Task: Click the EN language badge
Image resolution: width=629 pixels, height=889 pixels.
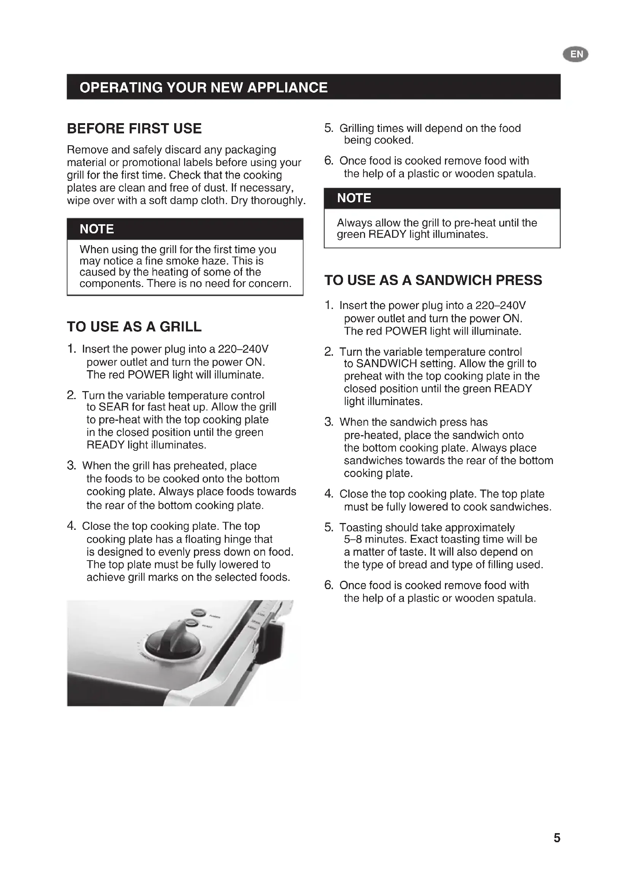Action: [575, 54]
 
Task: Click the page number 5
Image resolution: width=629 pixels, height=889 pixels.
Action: [557, 838]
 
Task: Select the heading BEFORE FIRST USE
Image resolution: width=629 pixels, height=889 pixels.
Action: [134, 128]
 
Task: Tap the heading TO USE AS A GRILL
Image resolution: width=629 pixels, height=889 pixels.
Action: [134, 327]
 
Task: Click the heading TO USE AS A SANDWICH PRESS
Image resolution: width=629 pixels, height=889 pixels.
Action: [433, 280]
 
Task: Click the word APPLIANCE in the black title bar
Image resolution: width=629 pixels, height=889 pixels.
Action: [287, 87]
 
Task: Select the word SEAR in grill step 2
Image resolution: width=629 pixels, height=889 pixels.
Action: [113, 407]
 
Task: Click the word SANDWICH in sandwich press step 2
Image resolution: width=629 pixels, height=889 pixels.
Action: [386, 364]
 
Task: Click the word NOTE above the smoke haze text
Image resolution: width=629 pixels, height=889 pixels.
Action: [97, 229]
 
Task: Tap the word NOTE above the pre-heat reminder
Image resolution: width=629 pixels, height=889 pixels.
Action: [354, 198]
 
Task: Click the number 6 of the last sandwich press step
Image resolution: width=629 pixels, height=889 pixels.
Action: [329, 585]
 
